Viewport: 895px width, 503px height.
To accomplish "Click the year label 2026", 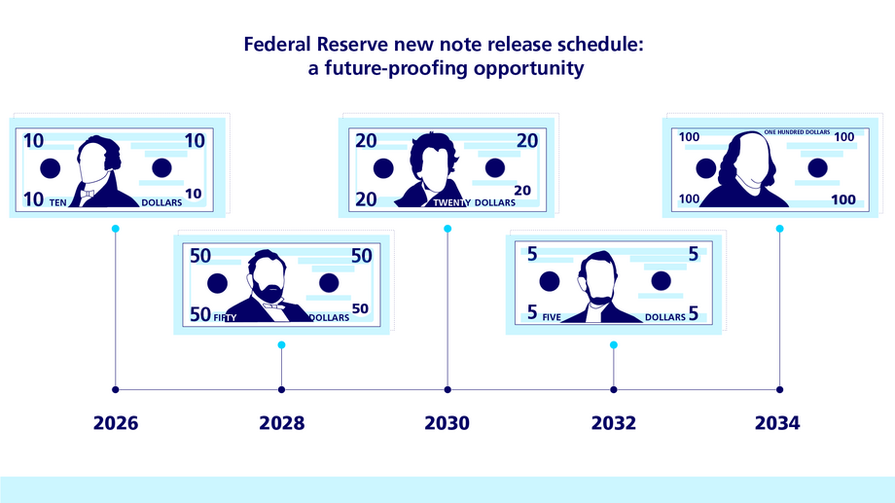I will tap(116, 423).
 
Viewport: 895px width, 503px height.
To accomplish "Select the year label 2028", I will tap(281, 423).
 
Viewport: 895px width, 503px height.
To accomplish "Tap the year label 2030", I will tap(447, 423).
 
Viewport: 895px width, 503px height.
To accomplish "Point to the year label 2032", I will tap(613, 423).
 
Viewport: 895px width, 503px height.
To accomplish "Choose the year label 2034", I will tap(778, 423).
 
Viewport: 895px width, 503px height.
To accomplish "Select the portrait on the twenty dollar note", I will tap(431, 171).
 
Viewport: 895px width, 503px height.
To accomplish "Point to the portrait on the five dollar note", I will tap(597, 287).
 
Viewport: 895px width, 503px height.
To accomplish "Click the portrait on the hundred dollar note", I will tap(750, 168).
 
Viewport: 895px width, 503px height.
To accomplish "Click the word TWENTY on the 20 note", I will tap(452, 202).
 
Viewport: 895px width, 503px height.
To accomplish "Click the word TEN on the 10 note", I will tap(60, 202).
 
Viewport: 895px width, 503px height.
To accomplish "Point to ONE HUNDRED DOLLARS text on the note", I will tap(797, 130).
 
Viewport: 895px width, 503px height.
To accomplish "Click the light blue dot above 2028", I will tap(281, 345).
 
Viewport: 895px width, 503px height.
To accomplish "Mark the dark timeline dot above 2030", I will tap(447, 389).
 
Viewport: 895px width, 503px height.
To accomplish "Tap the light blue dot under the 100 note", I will tap(779, 229).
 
